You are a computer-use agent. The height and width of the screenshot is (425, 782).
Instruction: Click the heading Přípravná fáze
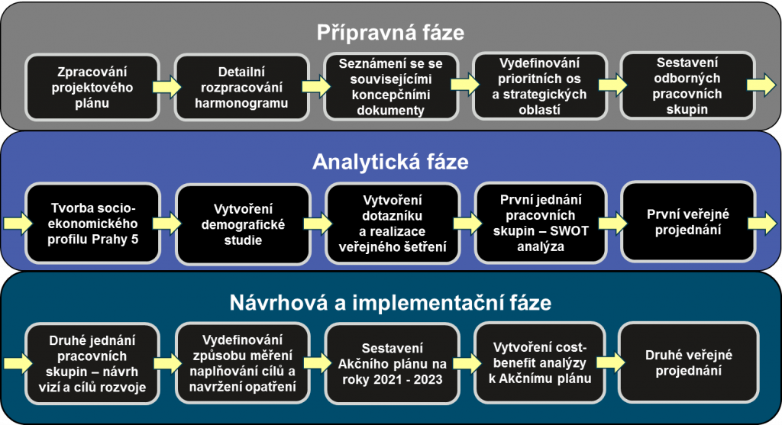tap(390, 32)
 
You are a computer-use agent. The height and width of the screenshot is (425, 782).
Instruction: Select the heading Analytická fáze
tap(390, 163)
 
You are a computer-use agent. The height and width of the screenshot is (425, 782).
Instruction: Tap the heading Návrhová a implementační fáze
tap(390, 303)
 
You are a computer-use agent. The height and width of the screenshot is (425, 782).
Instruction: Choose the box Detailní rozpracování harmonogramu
tap(242, 87)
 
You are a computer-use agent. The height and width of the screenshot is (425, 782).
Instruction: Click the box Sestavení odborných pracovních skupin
tap(687, 87)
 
